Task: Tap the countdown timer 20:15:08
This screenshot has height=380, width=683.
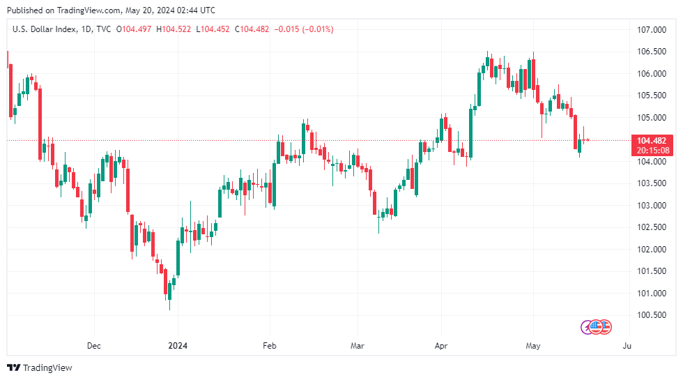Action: [652, 150]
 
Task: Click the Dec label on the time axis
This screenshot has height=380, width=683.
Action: [94, 345]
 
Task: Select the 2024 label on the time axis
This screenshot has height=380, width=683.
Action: [178, 345]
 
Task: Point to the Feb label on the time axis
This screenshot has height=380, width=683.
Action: [270, 345]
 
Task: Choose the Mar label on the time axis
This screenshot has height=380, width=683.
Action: [357, 345]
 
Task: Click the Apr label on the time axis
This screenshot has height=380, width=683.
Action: [440, 345]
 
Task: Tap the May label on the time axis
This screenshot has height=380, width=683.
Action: [533, 345]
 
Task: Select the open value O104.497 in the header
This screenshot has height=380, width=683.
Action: [135, 29]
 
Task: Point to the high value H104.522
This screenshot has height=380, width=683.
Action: [175, 29]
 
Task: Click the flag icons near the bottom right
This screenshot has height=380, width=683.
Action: [596, 326]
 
